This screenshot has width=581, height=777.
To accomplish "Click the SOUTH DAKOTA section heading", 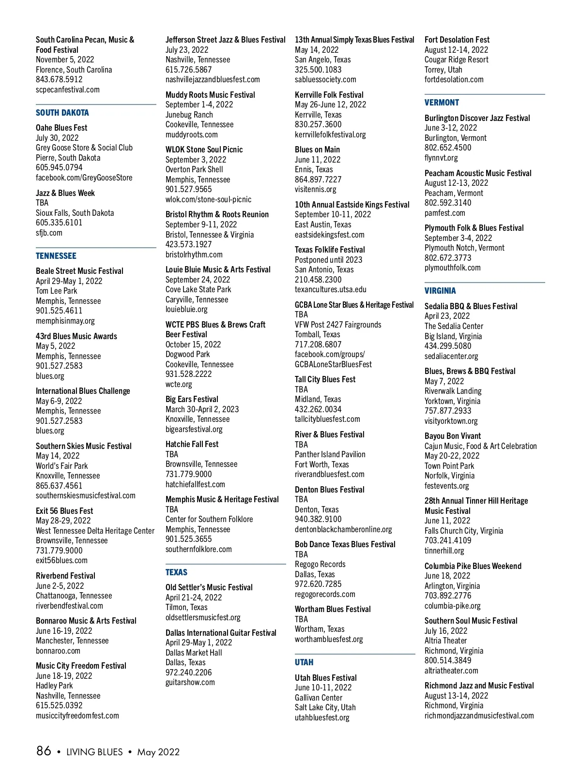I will click(x=62, y=113).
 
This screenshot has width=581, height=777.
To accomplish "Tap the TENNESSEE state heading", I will click(x=56, y=256).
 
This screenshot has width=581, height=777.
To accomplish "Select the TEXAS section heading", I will click(x=176, y=572).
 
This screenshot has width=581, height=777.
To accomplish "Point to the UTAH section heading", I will click(x=304, y=662).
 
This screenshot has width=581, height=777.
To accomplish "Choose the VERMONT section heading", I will click(x=442, y=103).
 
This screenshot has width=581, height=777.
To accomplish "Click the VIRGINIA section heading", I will click(x=440, y=291).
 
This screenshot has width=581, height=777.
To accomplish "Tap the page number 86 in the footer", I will click(x=44, y=751).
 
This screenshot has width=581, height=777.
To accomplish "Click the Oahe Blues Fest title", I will click(x=61, y=128).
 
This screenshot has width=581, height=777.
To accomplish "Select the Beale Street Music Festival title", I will click(x=79, y=271).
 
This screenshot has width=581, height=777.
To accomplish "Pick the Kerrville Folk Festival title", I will click(x=329, y=95).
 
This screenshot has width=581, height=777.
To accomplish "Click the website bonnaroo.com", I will click(x=58, y=651).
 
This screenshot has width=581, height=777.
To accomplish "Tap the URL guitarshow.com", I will click(x=190, y=682).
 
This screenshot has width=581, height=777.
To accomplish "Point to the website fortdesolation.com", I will click(x=454, y=79).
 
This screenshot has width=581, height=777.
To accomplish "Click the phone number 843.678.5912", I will click(x=59, y=79).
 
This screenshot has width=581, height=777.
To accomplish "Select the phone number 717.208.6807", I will click(x=318, y=344).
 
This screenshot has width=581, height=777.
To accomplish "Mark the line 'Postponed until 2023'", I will click(x=329, y=260).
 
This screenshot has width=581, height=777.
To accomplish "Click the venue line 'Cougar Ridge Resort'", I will click(x=457, y=60).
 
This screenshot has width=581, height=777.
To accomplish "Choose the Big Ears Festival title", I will click(x=192, y=399).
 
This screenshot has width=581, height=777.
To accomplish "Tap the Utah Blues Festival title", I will click(x=326, y=678).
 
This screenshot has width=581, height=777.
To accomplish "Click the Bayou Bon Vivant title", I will click(x=453, y=436).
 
